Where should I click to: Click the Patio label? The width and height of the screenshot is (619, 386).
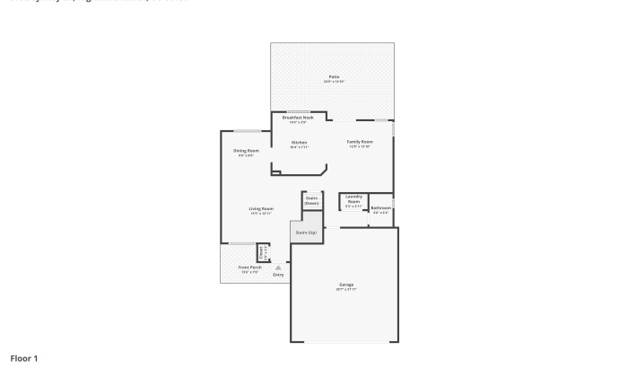click(334, 77)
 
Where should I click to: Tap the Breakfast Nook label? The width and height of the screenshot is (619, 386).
click(298, 118)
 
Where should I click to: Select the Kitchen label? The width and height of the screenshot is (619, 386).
click(300, 143)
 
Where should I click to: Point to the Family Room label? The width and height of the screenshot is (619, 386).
click(360, 142)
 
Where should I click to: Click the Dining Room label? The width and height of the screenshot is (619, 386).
click(246, 151)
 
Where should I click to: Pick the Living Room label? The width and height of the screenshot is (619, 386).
click(261, 209)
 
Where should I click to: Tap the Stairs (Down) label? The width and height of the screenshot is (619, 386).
click(311, 201)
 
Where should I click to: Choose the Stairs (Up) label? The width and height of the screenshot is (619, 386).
click(306, 232)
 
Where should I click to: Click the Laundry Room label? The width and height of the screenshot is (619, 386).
click(353, 199)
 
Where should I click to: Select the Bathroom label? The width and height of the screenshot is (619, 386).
click(380, 208)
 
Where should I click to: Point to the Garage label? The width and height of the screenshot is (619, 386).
click(346, 285)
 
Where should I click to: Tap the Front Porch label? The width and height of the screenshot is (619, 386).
click(249, 268)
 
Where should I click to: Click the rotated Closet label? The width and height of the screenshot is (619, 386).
click(261, 253)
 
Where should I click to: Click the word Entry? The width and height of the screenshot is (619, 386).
click(278, 275)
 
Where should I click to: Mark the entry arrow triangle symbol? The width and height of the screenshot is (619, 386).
click(278, 268)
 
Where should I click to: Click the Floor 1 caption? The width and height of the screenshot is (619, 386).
click(24, 358)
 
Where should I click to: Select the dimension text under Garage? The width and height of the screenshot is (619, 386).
click(346, 290)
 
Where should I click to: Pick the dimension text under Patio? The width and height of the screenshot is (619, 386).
click(334, 82)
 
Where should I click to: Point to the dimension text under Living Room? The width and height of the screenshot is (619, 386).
click(261, 214)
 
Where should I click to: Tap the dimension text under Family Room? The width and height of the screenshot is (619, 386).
click(360, 146)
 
